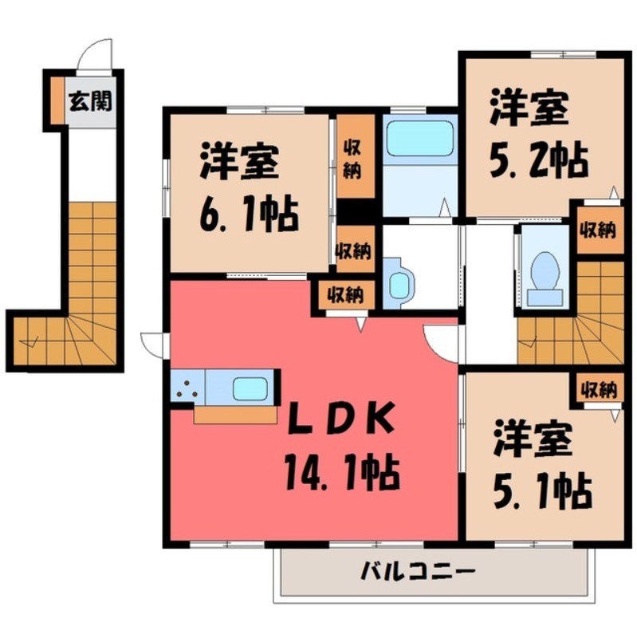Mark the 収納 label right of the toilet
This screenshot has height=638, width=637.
[597, 231]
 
